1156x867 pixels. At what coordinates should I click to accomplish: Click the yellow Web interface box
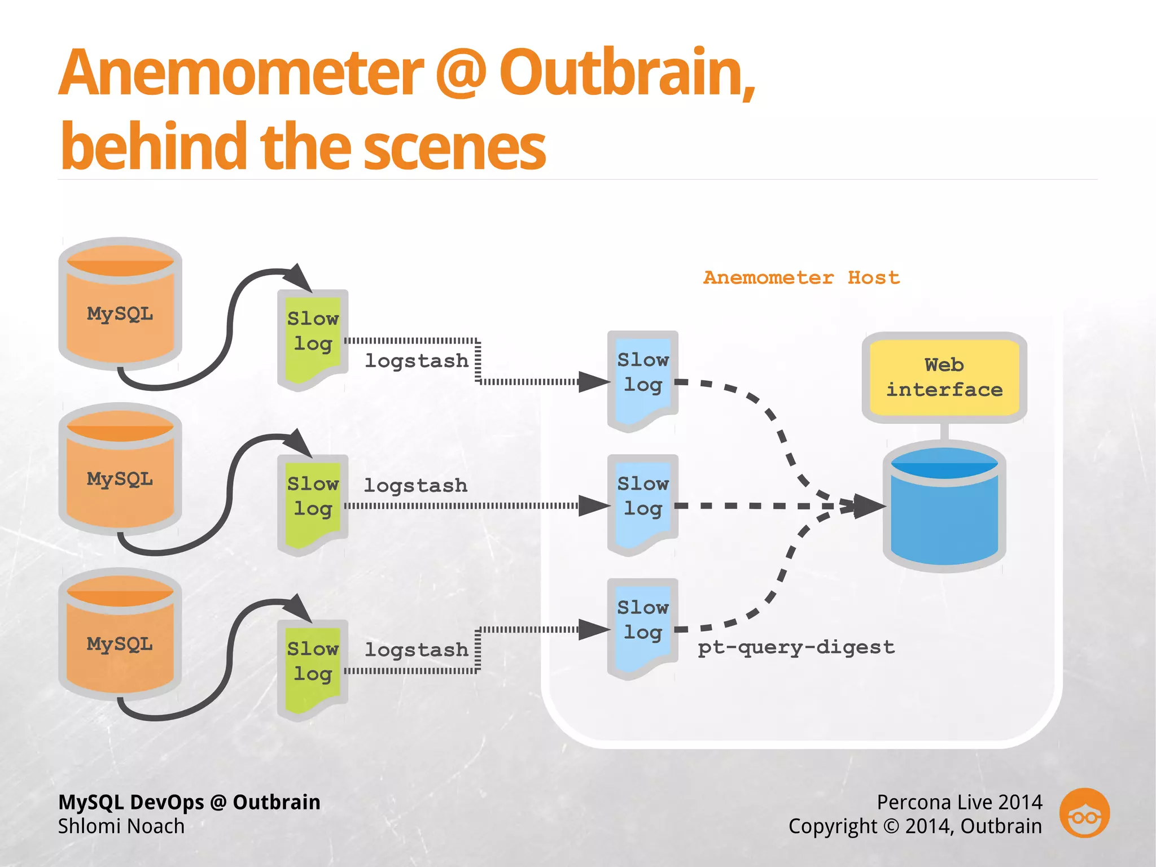[944, 377]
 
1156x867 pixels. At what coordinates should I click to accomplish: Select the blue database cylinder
[944, 508]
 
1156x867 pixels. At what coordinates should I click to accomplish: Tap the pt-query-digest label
[796, 647]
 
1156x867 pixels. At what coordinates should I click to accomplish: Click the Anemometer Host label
[802, 278]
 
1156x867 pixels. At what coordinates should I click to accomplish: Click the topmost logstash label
[417, 360]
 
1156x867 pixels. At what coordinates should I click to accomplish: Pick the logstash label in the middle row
[415, 485]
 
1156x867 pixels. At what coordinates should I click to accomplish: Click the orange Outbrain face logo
[1084, 813]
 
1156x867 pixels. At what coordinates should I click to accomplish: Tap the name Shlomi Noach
[121, 826]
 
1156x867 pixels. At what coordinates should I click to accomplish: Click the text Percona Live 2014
[959, 802]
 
